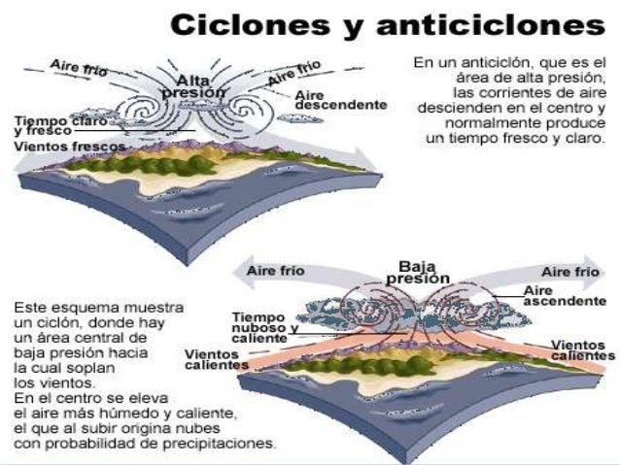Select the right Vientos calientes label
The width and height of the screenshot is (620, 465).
click(583, 350)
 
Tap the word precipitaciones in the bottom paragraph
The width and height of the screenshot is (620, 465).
click(222, 446)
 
